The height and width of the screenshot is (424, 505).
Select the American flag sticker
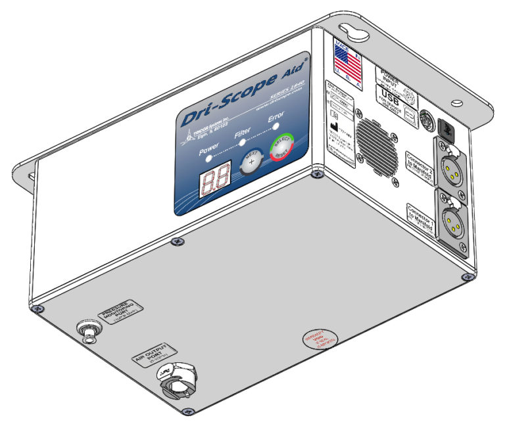coord(348,64)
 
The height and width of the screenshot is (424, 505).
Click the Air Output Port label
coord(155,348)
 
